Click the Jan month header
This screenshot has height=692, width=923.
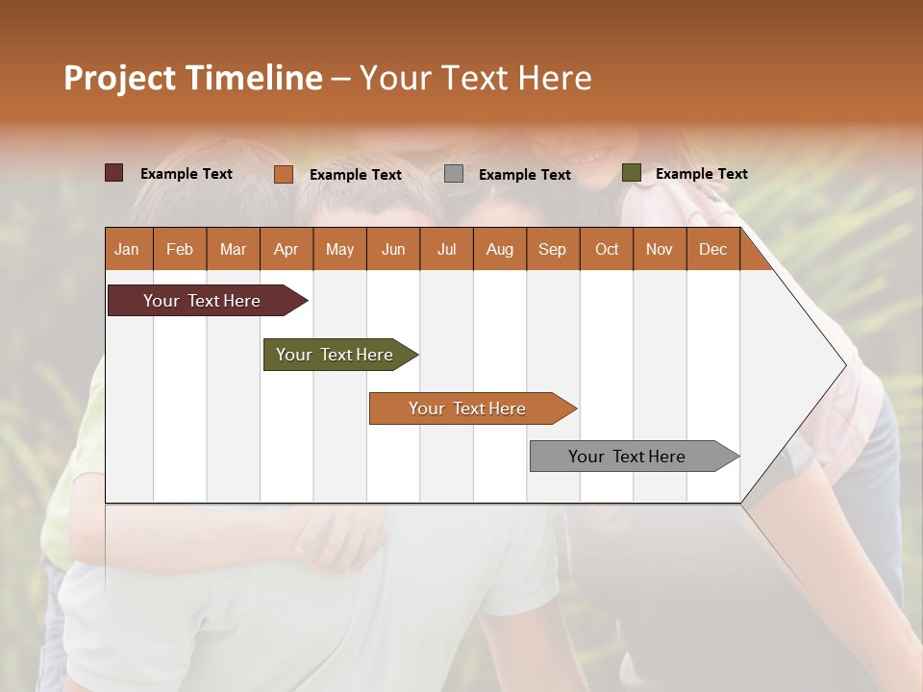tap(128, 249)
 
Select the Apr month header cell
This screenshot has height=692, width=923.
tap(287, 249)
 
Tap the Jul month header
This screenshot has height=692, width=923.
tap(446, 249)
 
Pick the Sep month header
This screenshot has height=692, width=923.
tap(553, 249)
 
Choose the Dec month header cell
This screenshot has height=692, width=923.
tap(712, 249)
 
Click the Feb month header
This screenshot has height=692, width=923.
tap(180, 249)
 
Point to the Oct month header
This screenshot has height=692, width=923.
tap(607, 249)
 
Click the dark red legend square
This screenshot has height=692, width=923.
tap(113, 173)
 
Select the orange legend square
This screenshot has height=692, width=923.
tap(283, 174)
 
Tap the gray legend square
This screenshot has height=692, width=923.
tap(454, 174)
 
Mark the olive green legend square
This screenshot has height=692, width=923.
tap(631, 173)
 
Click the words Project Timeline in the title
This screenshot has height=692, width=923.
tap(192, 78)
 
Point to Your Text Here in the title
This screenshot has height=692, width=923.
tap(475, 78)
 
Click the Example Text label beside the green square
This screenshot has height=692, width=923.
tap(701, 174)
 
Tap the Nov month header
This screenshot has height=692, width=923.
tap(660, 249)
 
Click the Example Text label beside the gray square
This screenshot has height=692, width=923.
tap(524, 175)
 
